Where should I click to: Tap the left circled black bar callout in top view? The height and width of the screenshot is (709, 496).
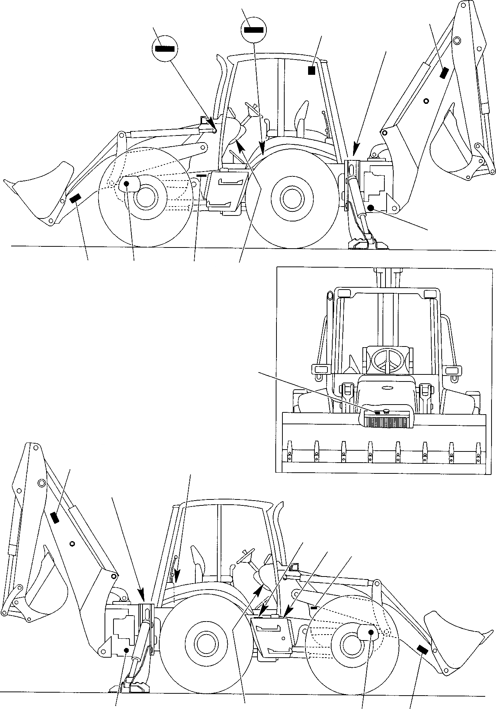point(165,48)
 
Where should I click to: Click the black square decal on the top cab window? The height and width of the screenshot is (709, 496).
point(311,70)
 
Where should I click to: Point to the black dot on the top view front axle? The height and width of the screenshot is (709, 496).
point(126,183)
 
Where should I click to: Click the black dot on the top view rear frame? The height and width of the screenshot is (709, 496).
point(370,207)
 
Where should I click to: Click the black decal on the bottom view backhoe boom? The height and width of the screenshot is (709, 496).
point(55,518)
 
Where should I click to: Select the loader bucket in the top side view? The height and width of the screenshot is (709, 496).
point(41,194)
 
